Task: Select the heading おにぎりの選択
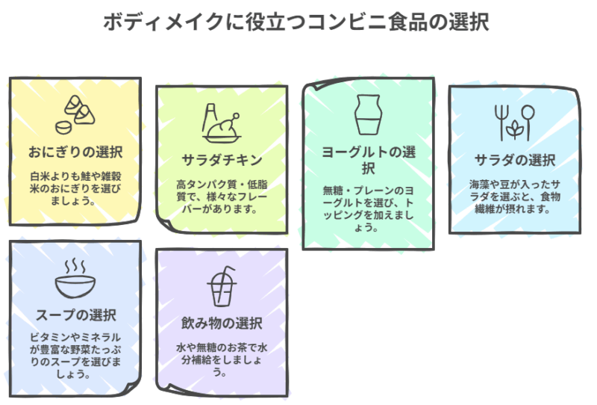tap(75, 152)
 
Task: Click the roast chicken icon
tap(221, 124)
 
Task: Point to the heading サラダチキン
tap(222, 160)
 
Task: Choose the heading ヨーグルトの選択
tap(368, 159)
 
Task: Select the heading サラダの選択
tap(515, 160)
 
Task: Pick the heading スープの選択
tap(75, 314)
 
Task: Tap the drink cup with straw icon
tap(222, 286)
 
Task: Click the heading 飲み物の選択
tap(222, 324)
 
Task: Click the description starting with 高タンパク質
tap(222, 197)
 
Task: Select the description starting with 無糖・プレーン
tap(368, 208)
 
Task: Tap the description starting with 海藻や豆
tap(515, 197)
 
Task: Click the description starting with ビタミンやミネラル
tap(75, 351)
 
